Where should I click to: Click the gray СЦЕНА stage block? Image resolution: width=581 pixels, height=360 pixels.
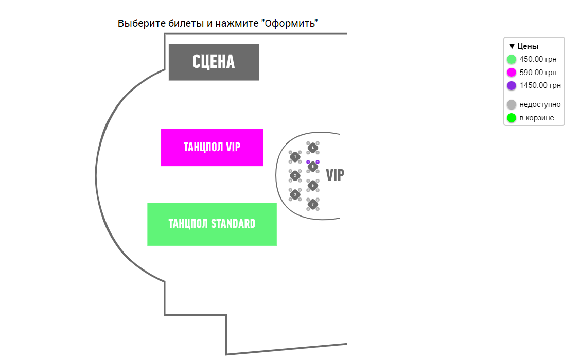pyautogui.click(x=214, y=62)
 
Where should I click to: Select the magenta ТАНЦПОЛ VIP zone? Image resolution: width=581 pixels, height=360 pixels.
pyautogui.click(x=212, y=148)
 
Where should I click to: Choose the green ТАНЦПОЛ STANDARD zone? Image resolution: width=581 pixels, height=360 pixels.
pyautogui.click(x=212, y=224)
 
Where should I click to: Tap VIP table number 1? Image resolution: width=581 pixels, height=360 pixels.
pyautogui.click(x=295, y=157)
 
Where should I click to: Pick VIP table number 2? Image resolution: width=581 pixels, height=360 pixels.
pyautogui.click(x=295, y=176)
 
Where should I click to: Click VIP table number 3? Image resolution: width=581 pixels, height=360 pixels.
pyautogui.click(x=295, y=194)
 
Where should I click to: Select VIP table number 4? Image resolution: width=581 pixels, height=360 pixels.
pyautogui.click(x=312, y=148)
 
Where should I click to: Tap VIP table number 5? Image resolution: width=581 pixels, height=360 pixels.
pyautogui.click(x=312, y=167)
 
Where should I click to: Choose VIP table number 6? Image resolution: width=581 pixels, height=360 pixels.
pyautogui.click(x=312, y=185)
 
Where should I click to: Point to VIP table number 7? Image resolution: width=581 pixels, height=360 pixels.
pyautogui.click(x=312, y=204)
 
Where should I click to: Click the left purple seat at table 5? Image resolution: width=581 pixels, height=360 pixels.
pyautogui.click(x=308, y=162)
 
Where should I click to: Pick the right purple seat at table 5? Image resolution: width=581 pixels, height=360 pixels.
pyautogui.click(x=318, y=162)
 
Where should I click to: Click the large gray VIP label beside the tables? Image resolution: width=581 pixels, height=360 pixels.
pyautogui.click(x=335, y=175)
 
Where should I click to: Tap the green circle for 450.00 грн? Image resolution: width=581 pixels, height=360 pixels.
pyautogui.click(x=512, y=59)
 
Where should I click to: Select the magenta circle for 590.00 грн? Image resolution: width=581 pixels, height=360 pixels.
pyautogui.click(x=512, y=73)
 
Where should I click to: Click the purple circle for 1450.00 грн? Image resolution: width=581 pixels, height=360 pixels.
pyautogui.click(x=512, y=86)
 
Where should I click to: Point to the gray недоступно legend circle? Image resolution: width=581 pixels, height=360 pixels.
pyautogui.click(x=512, y=105)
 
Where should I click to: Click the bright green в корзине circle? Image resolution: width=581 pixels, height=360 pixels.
pyautogui.click(x=512, y=118)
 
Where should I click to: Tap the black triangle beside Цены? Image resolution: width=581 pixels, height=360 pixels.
pyautogui.click(x=512, y=46)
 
